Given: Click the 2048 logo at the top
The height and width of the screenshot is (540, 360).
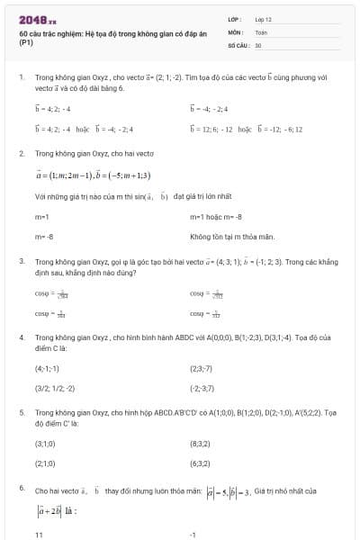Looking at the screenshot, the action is click(x=37, y=19).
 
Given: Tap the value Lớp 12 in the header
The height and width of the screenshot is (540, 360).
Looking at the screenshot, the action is click(x=263, y=19).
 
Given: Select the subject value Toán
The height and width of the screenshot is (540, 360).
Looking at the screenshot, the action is click(x=261, y=31).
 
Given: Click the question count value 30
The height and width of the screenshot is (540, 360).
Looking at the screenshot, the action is click(x=258, y=44).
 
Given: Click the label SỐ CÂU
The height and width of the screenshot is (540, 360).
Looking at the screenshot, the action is click(x=237, y=44).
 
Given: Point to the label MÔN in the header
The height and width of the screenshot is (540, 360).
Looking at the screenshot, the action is click(x=235, y=31).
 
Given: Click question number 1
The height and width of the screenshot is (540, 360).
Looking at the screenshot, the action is click(x=21, y=78).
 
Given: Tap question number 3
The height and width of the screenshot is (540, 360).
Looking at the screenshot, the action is click(x=21, y=260).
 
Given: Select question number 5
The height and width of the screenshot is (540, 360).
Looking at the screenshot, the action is click(x=21, y=411).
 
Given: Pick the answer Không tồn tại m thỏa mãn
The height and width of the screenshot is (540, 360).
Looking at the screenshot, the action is click(x=225, y=236).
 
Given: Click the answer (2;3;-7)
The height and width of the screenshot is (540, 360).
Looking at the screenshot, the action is click(x=201, y=368).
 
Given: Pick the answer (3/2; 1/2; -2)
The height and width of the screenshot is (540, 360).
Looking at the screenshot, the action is click(x=55, y=388).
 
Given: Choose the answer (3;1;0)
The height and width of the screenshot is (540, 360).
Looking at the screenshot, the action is click(x=45, y=444).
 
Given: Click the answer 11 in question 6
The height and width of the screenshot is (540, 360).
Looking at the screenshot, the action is click(x=40, y=535).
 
